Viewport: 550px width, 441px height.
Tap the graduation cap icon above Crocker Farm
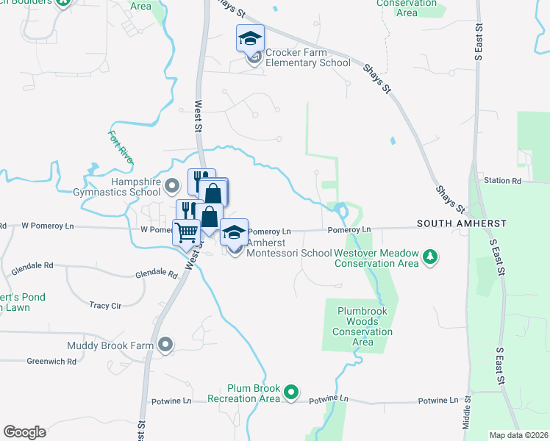(x=250, y=38)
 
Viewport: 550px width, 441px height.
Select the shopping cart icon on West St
(x=186, y=232)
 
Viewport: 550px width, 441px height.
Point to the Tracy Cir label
(x=105, y=305)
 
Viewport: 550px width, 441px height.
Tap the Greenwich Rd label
(x=51, y=361)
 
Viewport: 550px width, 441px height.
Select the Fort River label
(x=120, y=146)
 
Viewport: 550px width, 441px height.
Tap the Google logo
(x=24, y=432)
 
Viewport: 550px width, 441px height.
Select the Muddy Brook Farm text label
(x=110, y=345)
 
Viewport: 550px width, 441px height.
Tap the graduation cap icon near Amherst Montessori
(x=234, y=232)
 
